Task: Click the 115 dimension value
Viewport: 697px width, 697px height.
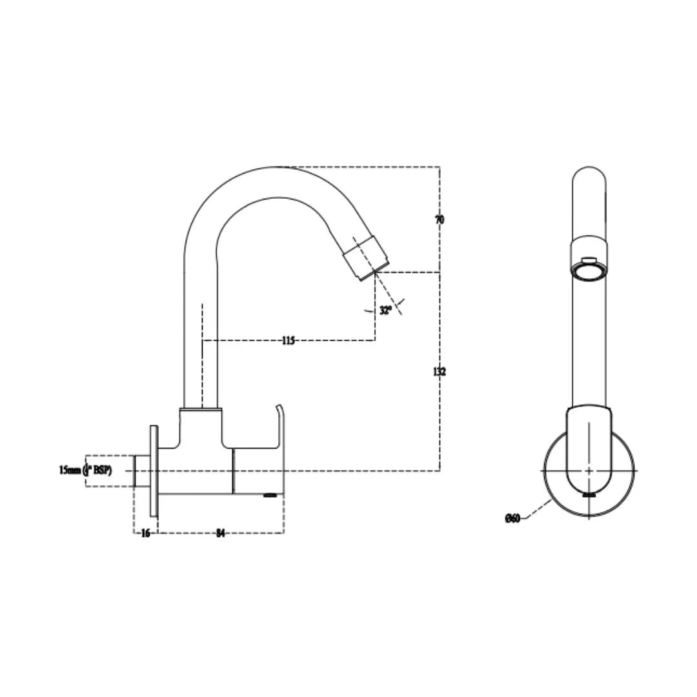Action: [x=288, y=340]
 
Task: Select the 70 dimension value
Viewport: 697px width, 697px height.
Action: [x=439, y=219]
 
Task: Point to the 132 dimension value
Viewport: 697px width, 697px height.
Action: [x=439, y=372]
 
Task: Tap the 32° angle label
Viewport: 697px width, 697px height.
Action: [x=385, y=310]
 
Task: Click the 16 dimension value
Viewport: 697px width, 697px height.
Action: [x=145, y=533]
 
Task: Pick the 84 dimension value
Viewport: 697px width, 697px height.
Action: [x=220, y=533]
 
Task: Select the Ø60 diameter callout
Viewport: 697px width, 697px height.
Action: [x=512, y=518]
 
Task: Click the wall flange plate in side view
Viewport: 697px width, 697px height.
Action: [x=154, y=471]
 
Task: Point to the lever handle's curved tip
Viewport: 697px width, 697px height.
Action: [x=279, y=409]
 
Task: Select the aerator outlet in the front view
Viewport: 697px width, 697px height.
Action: [x=589, y=270]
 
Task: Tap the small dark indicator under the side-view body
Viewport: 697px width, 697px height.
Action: [x=270, y=495]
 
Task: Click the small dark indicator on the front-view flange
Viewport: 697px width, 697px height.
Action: [x=589, y=495]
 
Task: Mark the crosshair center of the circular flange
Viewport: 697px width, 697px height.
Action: [x=589, y=470]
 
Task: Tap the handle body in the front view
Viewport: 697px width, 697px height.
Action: [x=589, y=445]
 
